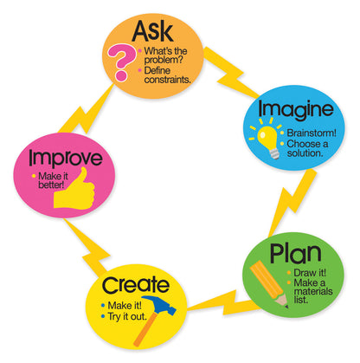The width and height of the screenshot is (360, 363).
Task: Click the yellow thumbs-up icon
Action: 74,190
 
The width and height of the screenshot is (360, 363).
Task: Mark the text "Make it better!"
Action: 52,182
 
